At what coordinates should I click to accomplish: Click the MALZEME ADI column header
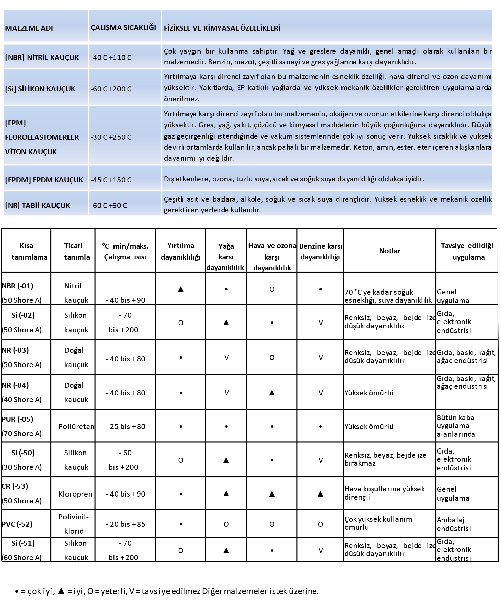29,28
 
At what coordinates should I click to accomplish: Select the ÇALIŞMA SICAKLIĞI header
124,28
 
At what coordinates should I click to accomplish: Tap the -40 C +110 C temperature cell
111,58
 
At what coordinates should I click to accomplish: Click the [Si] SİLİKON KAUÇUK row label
40,89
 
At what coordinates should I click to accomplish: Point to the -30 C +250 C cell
111,137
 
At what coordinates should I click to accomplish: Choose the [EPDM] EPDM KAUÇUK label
44,180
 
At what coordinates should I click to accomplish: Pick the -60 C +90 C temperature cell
109,206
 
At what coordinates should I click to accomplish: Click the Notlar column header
390,251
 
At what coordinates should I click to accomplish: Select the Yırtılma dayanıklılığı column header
181,251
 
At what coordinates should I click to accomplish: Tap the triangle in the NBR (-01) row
181,289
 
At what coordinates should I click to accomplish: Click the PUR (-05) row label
17,419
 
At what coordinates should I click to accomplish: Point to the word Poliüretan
76,427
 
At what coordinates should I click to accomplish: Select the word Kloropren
75,494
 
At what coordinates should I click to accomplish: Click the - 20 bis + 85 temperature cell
125,524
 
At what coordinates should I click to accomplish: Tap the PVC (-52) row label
17,524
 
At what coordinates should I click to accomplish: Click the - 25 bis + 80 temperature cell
125,427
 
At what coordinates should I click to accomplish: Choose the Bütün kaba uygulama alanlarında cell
456,426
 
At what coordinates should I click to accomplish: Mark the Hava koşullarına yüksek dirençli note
384,493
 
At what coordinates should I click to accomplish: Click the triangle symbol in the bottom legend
61,591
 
